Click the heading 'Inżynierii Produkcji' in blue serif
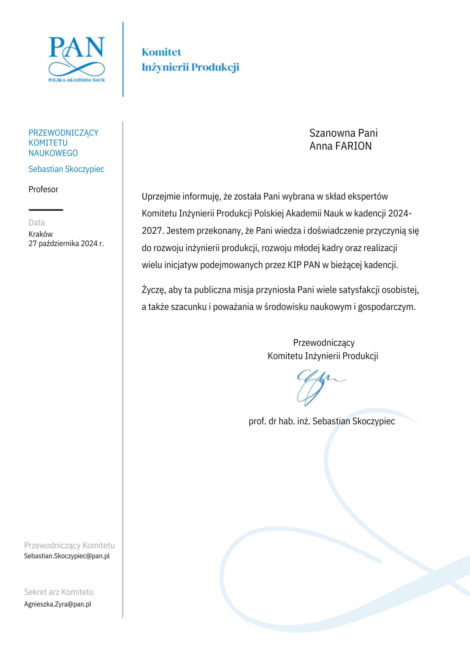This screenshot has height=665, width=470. [x=190, y=67]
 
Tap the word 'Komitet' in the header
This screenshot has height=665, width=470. [x=161, y=52]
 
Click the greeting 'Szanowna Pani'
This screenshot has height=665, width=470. [x=343, y=133]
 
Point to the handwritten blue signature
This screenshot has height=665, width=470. [x=318, y=387]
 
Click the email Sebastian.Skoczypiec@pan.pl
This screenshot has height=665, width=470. [x=67, y=556]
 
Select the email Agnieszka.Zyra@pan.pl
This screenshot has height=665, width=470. [x=58, y=604]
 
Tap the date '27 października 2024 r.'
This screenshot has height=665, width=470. [x=66, y=244]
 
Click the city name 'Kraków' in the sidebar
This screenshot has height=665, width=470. [x=40, y=234]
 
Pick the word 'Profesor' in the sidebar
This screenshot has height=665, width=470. [x=43, y=189]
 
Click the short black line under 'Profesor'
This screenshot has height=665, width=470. [x=46, y=210]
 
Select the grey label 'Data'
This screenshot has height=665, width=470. [x=37, y=223]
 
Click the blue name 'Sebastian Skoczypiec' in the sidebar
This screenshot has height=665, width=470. [x=66, y=169]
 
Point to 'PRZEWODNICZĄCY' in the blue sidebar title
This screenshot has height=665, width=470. [x=64, y=133]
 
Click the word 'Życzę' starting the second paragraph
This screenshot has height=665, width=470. [x=153, y=290]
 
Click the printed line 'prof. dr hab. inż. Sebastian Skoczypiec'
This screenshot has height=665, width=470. [x=322, y=421]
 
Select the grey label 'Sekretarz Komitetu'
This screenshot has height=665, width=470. [x=59, y=592]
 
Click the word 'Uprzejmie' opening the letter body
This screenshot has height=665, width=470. [x=161, y=197]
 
